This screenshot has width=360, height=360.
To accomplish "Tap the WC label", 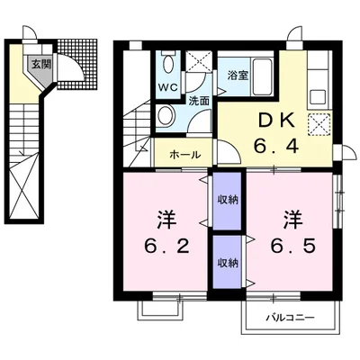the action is click(x=168, y=87).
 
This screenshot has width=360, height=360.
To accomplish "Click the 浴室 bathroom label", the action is click(x=238, y=75).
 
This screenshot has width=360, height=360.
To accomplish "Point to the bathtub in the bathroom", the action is click(x=262, y=76).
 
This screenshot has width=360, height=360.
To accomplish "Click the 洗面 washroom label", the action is click(x=198, y=101).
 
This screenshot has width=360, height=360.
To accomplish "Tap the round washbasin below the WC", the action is click(x=166, y=115).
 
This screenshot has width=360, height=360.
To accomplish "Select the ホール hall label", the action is click(x=184, y=155).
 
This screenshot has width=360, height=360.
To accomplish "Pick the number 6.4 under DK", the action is click(x=276, y=147).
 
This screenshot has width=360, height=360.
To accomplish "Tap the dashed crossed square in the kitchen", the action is click(x=319, y=124).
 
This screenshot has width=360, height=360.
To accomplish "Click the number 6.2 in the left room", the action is click(x=166, y=247).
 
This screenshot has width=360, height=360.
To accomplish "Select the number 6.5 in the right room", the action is click(x=292, y=247).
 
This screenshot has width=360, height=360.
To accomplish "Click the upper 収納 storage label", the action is click(x=228, y=200).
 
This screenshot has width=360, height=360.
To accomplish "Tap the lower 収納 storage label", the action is click(x=228, y=263).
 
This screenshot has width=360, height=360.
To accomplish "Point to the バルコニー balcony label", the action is click(x=291, y=318).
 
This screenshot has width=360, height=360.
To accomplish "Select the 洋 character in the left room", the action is click(x=166, y=220).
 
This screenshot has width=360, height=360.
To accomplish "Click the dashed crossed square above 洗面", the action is click(x=198, y=61).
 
